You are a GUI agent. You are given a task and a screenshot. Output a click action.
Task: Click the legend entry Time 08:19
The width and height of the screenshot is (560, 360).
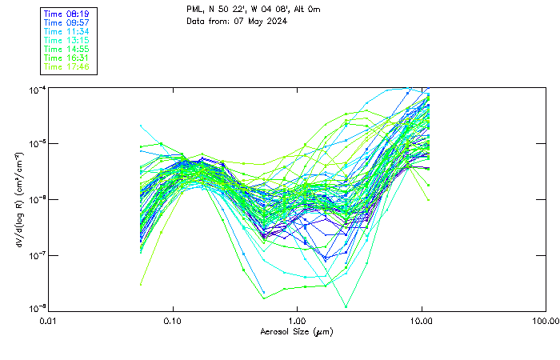[x=66, y=14]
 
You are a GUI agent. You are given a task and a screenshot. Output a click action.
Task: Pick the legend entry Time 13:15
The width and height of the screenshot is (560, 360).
[x=66, y=40]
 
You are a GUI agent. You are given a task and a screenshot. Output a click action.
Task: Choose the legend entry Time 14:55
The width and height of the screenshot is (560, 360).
[x=66, y=49]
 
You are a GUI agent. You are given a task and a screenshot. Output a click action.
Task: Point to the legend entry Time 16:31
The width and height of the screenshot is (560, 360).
[x=66, y=58]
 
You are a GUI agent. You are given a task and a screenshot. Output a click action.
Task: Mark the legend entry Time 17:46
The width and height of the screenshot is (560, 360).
[x=66, y=66]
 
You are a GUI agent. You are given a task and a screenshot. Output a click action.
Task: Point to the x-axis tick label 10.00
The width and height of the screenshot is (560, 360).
[x=422, y=320]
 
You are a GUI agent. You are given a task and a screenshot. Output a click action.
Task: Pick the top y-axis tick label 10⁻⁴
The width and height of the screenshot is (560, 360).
[x=36, y=90]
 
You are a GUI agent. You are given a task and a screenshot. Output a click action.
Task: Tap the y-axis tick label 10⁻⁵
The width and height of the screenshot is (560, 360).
[x=36, y=143]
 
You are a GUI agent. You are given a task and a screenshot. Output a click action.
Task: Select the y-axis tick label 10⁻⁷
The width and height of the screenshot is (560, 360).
[x=36, y=255]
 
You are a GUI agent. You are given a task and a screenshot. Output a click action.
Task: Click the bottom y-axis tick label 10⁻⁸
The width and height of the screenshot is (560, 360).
[x=36, y=308]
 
